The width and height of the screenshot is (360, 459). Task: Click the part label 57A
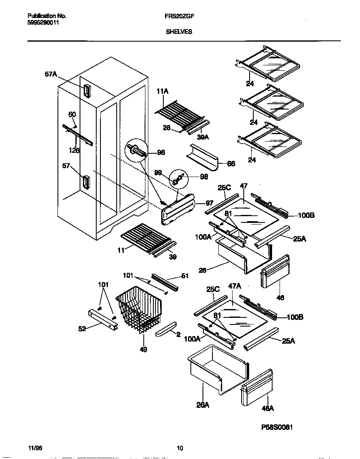50,75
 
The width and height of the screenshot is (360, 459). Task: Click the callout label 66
231,164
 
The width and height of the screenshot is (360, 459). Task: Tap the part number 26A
202,404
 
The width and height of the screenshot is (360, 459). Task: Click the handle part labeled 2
166,331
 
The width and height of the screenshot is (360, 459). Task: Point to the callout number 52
82,329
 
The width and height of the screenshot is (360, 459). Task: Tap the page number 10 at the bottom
180,448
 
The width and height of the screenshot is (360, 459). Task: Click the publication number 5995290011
40,23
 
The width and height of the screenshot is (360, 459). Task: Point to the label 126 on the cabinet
74,151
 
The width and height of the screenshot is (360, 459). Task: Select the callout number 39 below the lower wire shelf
172,257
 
